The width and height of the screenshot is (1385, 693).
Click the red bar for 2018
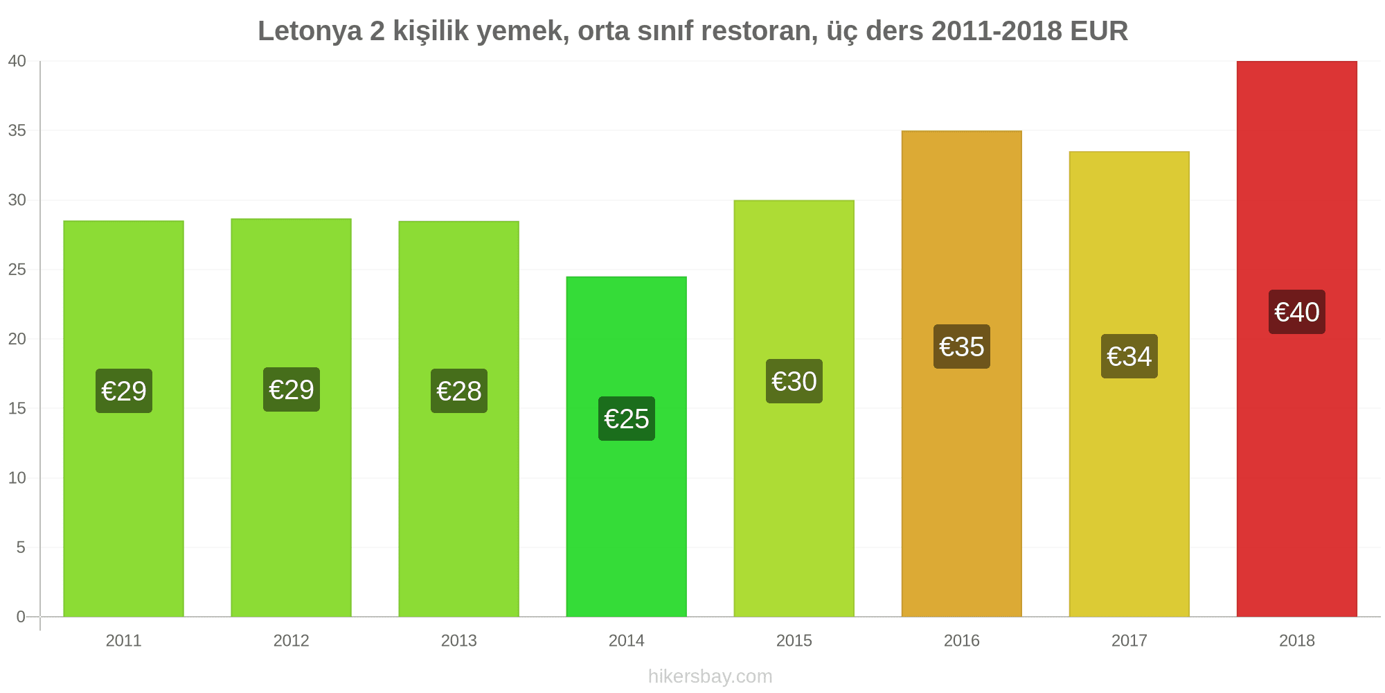[1296, 339]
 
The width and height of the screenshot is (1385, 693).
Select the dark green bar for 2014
[626, 447]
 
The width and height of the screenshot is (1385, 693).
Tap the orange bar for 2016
[961, 374]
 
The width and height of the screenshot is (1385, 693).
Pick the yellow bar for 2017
[1129, 384]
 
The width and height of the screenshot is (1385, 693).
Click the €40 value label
[1296, 312]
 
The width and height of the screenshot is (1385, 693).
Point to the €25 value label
[626, 419]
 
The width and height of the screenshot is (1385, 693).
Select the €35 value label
[961, 346]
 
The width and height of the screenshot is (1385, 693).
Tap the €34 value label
[1129, 356]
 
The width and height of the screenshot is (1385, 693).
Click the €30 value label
[794, 381]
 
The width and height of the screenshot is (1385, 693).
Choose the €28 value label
[458, 391]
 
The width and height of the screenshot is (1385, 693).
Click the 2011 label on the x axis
[123, 640]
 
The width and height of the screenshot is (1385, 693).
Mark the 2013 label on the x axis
[458, 640]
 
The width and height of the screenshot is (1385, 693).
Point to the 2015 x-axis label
[794, 640]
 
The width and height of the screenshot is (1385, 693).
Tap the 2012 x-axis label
[291, 640]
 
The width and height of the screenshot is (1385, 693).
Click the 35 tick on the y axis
[17, 131]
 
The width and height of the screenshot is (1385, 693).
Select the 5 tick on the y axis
[21, 547]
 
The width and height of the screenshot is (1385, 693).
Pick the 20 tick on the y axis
[17, 339]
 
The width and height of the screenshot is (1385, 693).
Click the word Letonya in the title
[310, 31]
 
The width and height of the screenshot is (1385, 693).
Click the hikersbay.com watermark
[710, 676]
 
